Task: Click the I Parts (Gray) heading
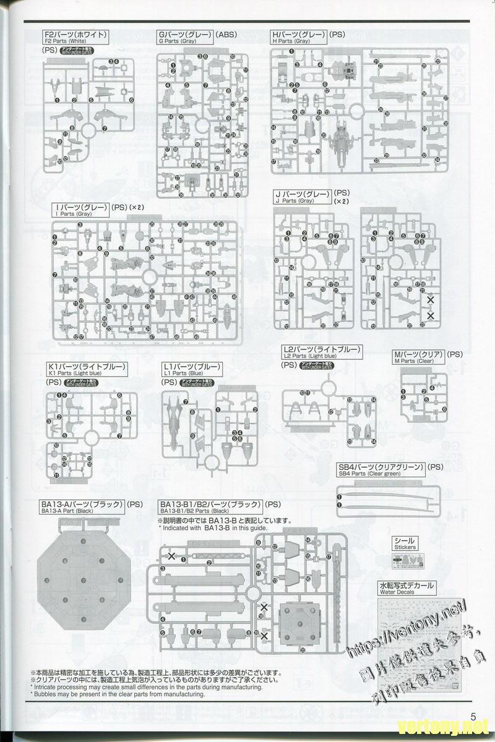(x=81, y=209)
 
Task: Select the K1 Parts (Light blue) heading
(x=86, y=369)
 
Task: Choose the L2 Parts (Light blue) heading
(x=321, y=352)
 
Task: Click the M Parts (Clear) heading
(x=418, y=356)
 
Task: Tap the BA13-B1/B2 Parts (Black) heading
(x=210, y=506)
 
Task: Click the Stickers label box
(x=405, y=543)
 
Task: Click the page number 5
(x=475, y=717)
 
